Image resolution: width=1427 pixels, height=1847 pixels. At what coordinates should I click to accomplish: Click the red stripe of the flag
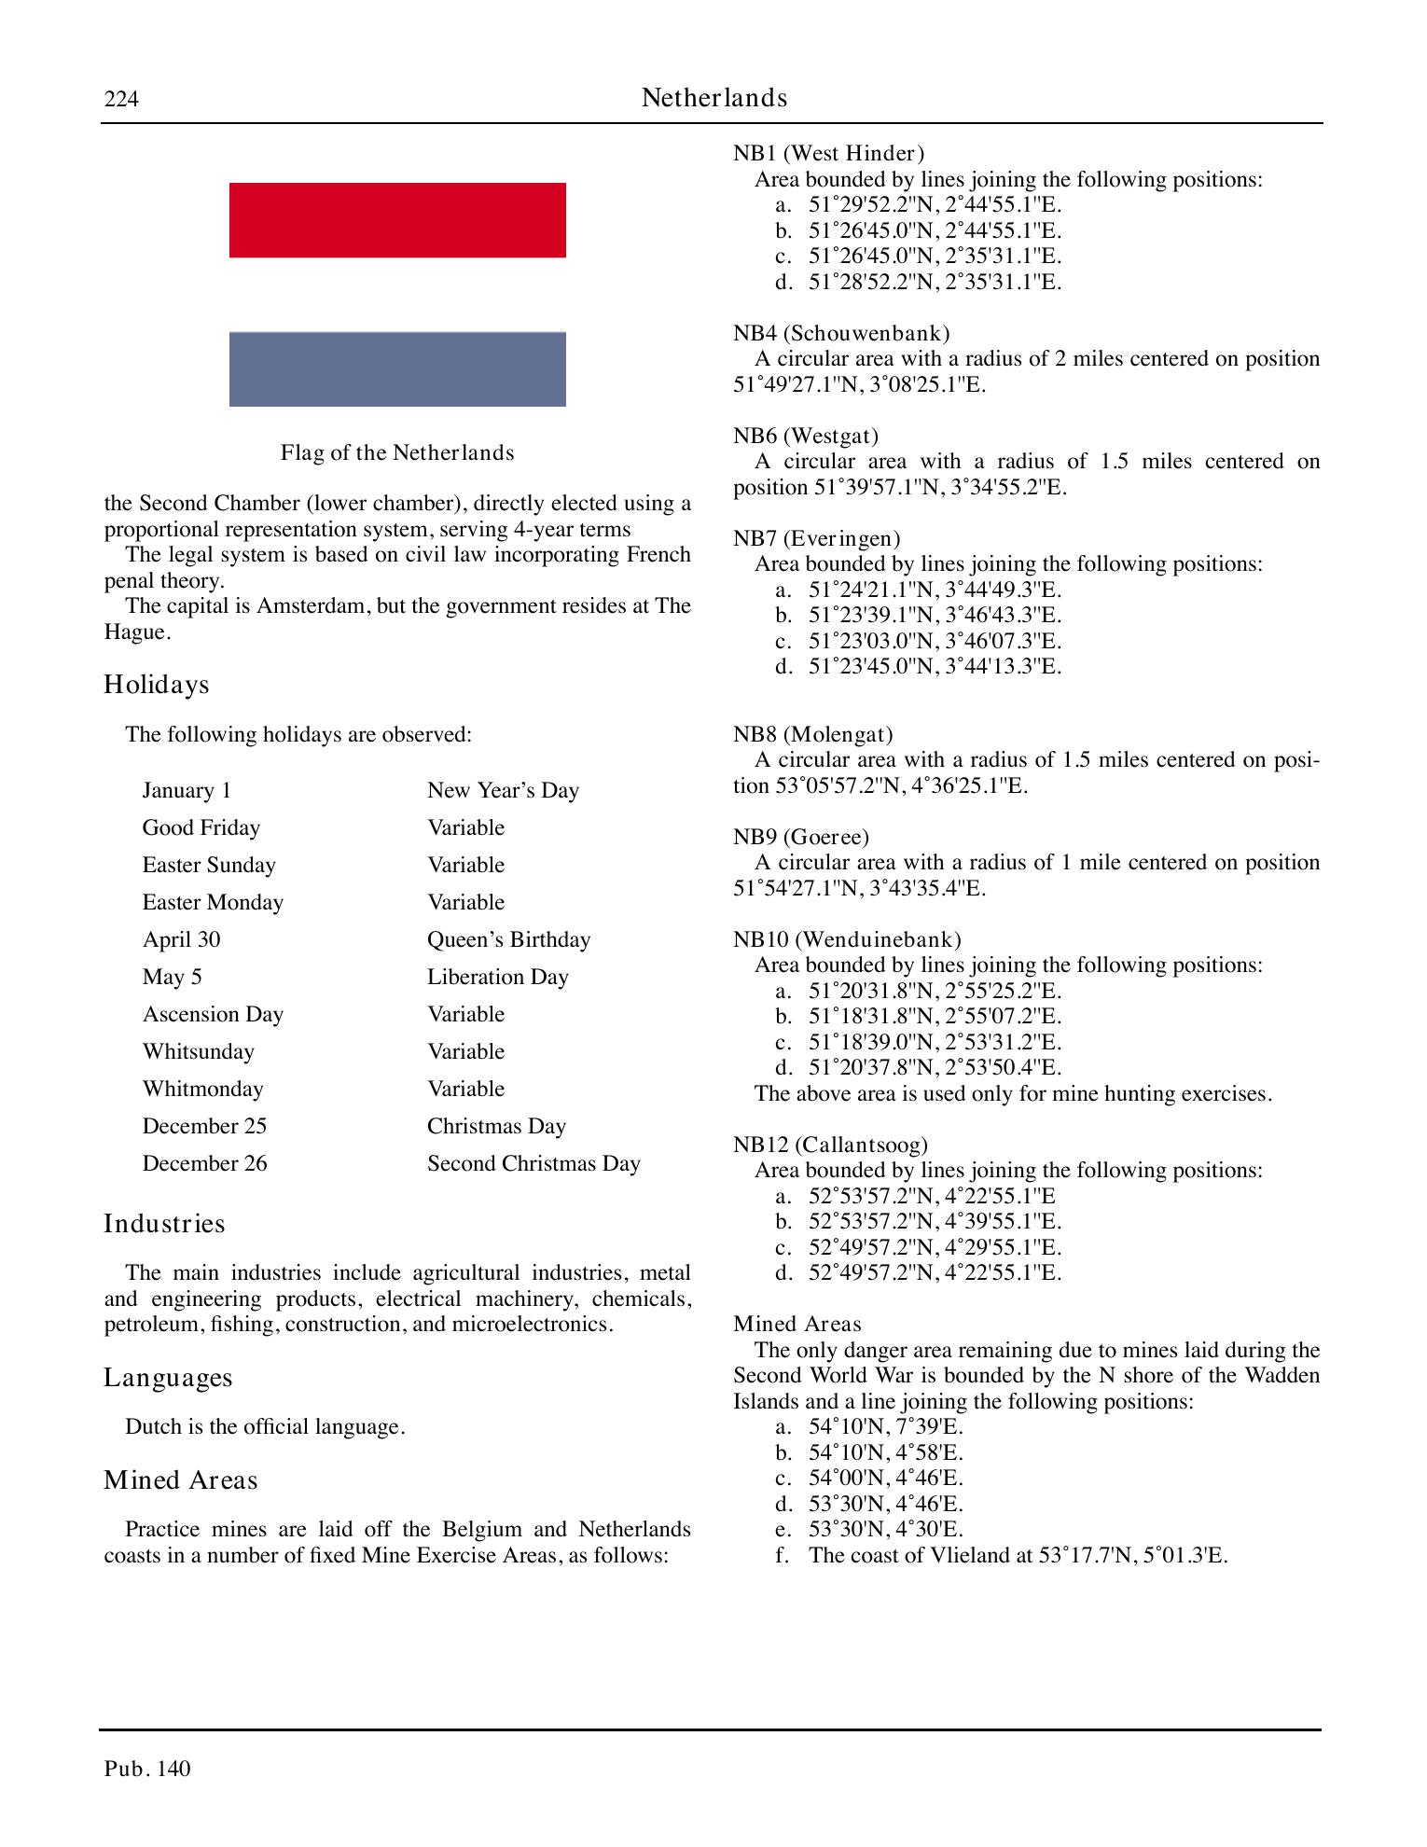[397, 220]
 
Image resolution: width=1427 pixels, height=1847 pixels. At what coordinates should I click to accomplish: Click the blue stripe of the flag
[397, 369]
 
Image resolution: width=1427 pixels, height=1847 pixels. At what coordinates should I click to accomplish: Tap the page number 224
[121, 99]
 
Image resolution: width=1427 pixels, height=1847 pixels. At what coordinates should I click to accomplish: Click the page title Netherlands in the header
[714, 98]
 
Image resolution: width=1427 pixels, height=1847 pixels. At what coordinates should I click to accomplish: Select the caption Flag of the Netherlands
[397, 453]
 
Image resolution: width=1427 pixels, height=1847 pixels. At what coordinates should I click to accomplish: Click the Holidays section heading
[157, 685]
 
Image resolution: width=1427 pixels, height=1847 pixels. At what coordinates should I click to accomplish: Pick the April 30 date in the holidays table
[181, 939]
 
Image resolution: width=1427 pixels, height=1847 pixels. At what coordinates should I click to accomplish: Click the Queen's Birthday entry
[508, 939]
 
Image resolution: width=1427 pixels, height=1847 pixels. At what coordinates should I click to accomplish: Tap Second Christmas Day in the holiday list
[533, 1163]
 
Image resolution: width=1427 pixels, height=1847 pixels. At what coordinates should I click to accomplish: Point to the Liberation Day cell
[497, 977]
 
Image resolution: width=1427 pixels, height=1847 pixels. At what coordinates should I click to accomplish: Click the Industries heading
[164, 1224]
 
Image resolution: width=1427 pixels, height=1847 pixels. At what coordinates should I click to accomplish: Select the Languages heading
[168, 1378]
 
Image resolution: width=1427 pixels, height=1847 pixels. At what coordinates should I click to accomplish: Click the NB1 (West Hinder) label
[828, 153]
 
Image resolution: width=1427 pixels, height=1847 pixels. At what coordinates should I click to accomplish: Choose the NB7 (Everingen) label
[816, 538]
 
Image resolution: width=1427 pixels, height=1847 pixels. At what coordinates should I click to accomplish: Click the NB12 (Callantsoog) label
[830, 1145]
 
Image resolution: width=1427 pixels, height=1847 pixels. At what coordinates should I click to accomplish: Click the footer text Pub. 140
[147, 1769]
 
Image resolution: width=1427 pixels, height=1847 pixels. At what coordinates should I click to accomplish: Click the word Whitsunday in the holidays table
[198, 1051]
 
